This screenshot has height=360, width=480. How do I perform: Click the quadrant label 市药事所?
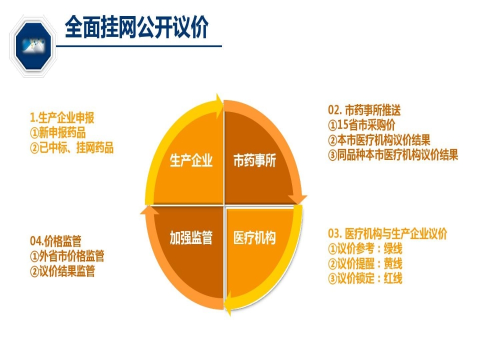click(254, 161)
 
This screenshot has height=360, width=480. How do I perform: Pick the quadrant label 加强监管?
click(191, 238)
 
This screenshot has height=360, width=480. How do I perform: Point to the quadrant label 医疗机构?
click(254, 238)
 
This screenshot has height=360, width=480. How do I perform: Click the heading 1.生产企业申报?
click(62, 118)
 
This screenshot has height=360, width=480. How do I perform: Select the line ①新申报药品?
click(57, 133)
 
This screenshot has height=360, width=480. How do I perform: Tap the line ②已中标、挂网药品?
click(71, 147)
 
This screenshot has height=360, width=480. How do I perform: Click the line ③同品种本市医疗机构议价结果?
click(393, 155)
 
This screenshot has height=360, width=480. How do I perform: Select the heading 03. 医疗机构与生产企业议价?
click(387, 233)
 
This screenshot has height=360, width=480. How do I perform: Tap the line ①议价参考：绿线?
click(365, 248)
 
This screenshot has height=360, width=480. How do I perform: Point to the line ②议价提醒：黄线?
click(365, 263)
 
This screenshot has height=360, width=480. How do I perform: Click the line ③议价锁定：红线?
click(365, 278)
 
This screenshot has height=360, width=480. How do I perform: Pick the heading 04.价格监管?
click(55, 241)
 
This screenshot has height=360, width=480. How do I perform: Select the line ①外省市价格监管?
click(67, 256)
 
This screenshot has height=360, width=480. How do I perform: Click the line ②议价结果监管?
click(62, 271)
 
